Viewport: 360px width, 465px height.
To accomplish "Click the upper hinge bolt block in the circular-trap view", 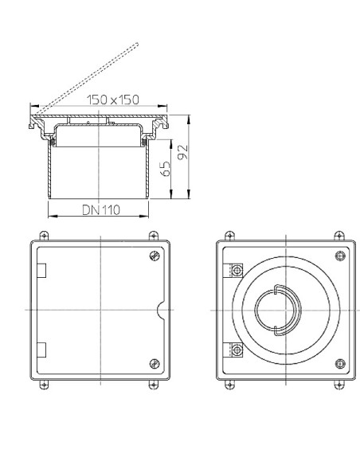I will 236,271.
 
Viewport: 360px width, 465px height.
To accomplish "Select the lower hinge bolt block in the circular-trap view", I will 236,348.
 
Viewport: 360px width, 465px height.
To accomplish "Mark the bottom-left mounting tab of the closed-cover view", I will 43,385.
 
